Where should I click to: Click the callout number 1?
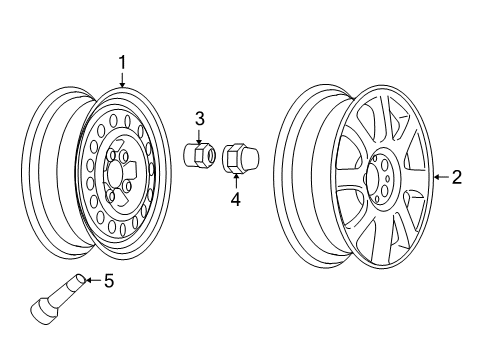(x=122, y=62)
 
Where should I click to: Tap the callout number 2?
(x=456, y=178)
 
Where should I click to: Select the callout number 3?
(x=200, y=119)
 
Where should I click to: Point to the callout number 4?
(x=236, y=198)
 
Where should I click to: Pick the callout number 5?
(x=137, y=281)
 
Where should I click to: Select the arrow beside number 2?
(x=438, y=178)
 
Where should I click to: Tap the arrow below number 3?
(x=200, y=136)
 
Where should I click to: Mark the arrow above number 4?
(x=236, y=181)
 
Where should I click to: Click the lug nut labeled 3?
(x=200, y=156)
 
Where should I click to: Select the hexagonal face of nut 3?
(x=207, y=157)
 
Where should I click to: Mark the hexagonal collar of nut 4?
(x=231, y=158)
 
